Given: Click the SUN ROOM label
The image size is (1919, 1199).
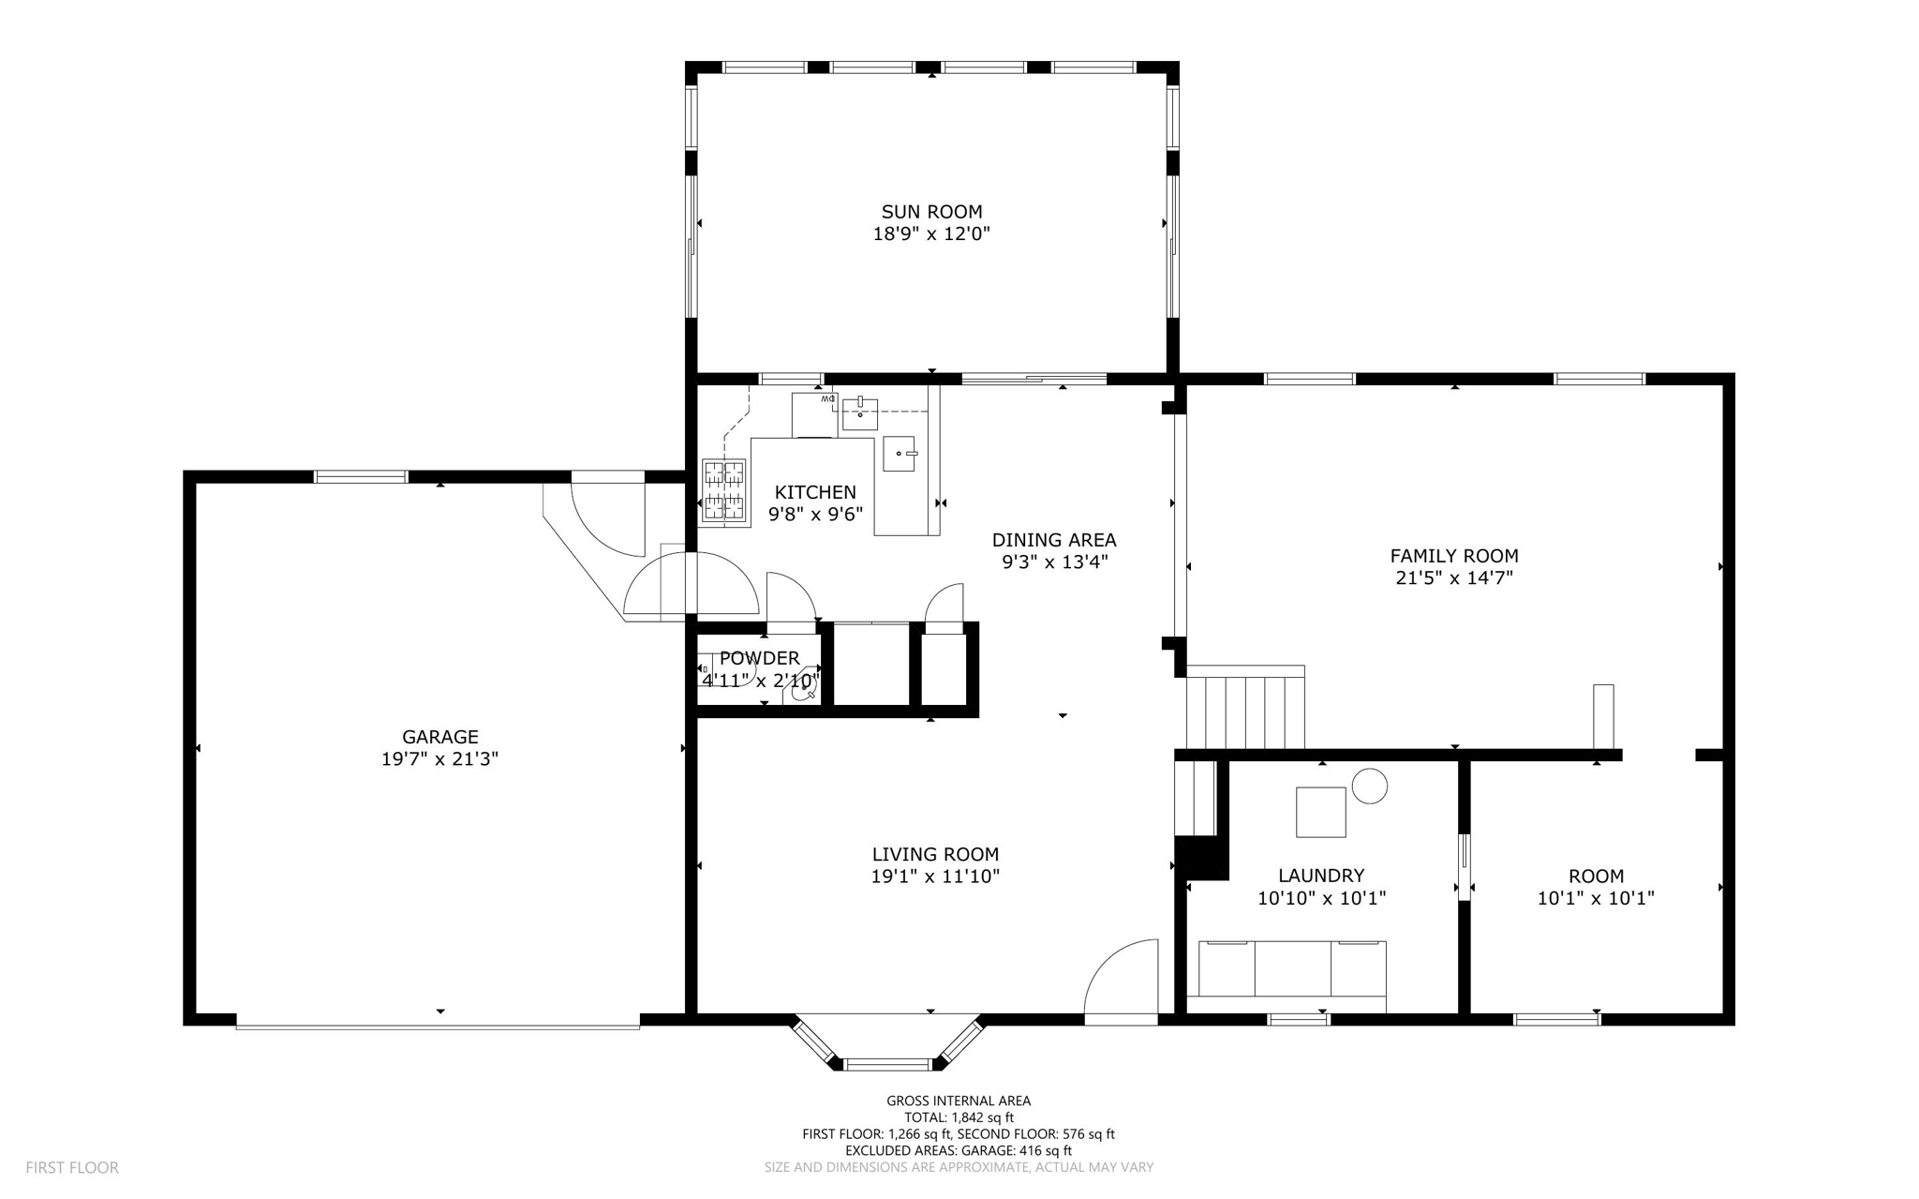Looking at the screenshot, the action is tap(931, 212).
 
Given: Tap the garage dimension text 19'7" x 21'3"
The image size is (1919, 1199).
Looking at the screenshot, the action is tap(439, 758).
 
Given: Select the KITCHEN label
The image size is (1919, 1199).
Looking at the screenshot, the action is tap(815, 492).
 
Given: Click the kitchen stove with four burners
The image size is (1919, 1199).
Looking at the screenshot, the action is tap(724, 489).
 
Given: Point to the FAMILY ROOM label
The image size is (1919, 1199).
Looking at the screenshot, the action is tap(1454, 556).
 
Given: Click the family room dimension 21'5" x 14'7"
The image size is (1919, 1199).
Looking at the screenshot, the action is tap(1454, 578).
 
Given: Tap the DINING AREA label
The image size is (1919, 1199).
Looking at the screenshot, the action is tap(1054, 540).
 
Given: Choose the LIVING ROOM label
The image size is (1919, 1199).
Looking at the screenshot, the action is tap(935, 854).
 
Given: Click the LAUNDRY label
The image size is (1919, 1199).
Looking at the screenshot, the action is tap(1321, 876).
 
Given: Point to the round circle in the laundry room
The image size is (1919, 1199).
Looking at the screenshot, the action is tap(1370, 786).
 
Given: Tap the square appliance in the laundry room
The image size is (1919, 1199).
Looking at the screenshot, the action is tap(1321, 812).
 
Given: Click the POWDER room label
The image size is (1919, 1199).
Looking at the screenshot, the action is tap(760, 658).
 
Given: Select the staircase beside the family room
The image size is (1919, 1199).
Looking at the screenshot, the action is tap(1245, 707).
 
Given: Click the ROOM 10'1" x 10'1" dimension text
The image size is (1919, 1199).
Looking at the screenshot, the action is tap(1596, 898).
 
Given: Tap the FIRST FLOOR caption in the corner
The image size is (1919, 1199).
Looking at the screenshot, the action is tap(72, 1168).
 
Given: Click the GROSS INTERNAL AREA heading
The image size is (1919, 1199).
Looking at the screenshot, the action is tap(959, 1102).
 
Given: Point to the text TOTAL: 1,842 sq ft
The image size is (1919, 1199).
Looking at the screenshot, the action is tap(959, 1117).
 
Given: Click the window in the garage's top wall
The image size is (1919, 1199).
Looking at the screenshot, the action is tap(361, 476).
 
